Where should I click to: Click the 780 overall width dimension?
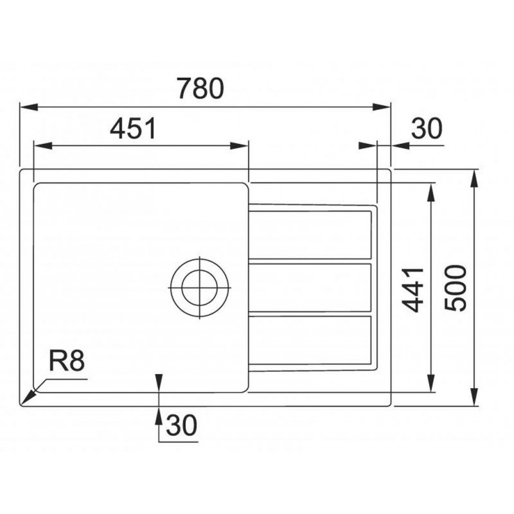201,89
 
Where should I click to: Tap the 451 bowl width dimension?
133,129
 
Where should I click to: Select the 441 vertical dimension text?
413,290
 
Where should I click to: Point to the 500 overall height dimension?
456,288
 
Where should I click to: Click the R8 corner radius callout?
67,361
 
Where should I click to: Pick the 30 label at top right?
427,128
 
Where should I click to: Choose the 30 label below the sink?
182,425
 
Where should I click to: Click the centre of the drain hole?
199,288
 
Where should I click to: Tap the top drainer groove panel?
310,235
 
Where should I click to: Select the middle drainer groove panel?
310,287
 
